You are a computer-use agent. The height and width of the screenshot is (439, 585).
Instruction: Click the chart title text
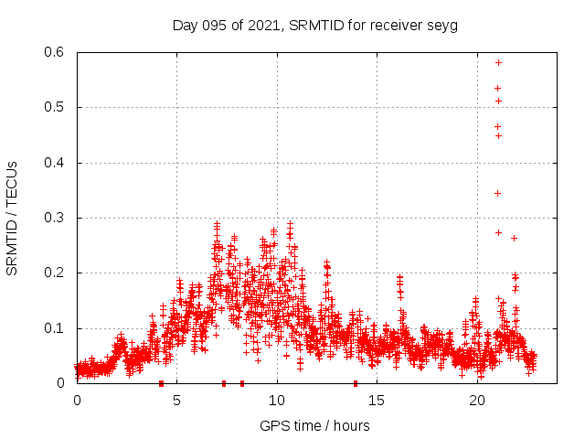[x=314, y=25]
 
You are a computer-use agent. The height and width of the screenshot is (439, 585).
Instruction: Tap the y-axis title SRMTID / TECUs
[x=12, y=218]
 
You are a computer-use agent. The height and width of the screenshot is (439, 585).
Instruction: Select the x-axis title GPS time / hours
[x=314, y=425]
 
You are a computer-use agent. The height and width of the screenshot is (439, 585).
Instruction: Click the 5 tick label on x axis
[x=177, y=401]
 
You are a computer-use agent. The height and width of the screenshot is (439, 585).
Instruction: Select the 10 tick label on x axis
[x=278, y=401]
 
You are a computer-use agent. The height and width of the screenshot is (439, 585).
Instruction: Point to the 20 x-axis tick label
[x=478, y=401]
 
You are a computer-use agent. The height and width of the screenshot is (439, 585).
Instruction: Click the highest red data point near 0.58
[x=498, y=62]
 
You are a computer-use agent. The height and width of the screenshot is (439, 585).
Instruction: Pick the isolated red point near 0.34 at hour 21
[x=498, y=193]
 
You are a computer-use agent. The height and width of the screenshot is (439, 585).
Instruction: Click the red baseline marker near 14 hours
[x=356, y=383]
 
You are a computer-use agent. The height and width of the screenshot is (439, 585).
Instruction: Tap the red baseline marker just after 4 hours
[x=161, y=383]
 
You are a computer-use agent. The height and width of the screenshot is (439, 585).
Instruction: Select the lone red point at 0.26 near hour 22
[x=514, y=238]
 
